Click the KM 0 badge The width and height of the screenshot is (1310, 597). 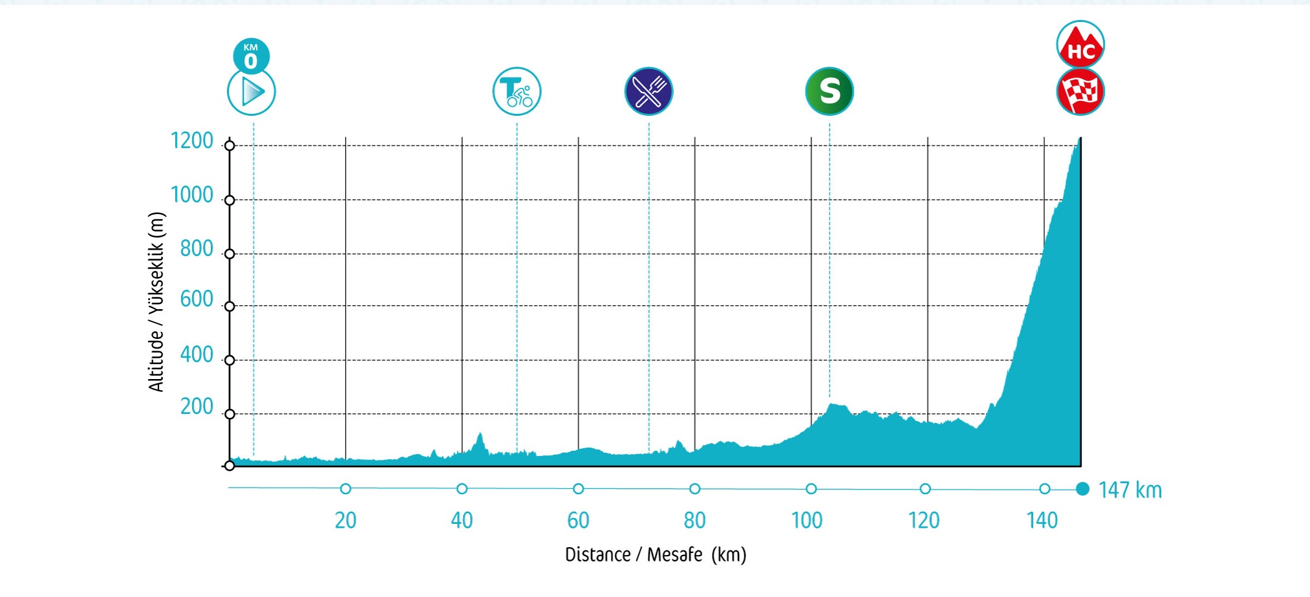[251, 56]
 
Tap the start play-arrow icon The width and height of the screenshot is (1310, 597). [252, 92]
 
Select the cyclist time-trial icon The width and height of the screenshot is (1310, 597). [517, 91]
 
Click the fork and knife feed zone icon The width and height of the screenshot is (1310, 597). [649, 91]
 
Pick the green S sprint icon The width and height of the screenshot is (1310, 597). [830, 91]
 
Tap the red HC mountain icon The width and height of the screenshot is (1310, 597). [1080, 45]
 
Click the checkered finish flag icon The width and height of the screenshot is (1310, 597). [1080, 92]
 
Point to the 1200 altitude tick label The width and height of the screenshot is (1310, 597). [191, 140]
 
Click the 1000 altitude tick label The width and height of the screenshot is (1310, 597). [191, 195]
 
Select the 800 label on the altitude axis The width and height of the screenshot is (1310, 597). [197, 248]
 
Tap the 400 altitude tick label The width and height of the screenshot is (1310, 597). [197, 354]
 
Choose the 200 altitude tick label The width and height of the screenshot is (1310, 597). [197, 406]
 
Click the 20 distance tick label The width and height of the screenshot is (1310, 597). [345, 520]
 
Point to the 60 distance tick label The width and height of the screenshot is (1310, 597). [578, 520]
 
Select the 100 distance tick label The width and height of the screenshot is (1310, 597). [807, 520]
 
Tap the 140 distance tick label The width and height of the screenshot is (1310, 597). [1042, 520]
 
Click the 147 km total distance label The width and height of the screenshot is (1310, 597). [1130, 490]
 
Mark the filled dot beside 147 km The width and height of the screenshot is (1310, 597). [1083, 489]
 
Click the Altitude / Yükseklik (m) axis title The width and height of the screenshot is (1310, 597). [156, 301]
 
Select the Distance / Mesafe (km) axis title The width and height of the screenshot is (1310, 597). [656, 555]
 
